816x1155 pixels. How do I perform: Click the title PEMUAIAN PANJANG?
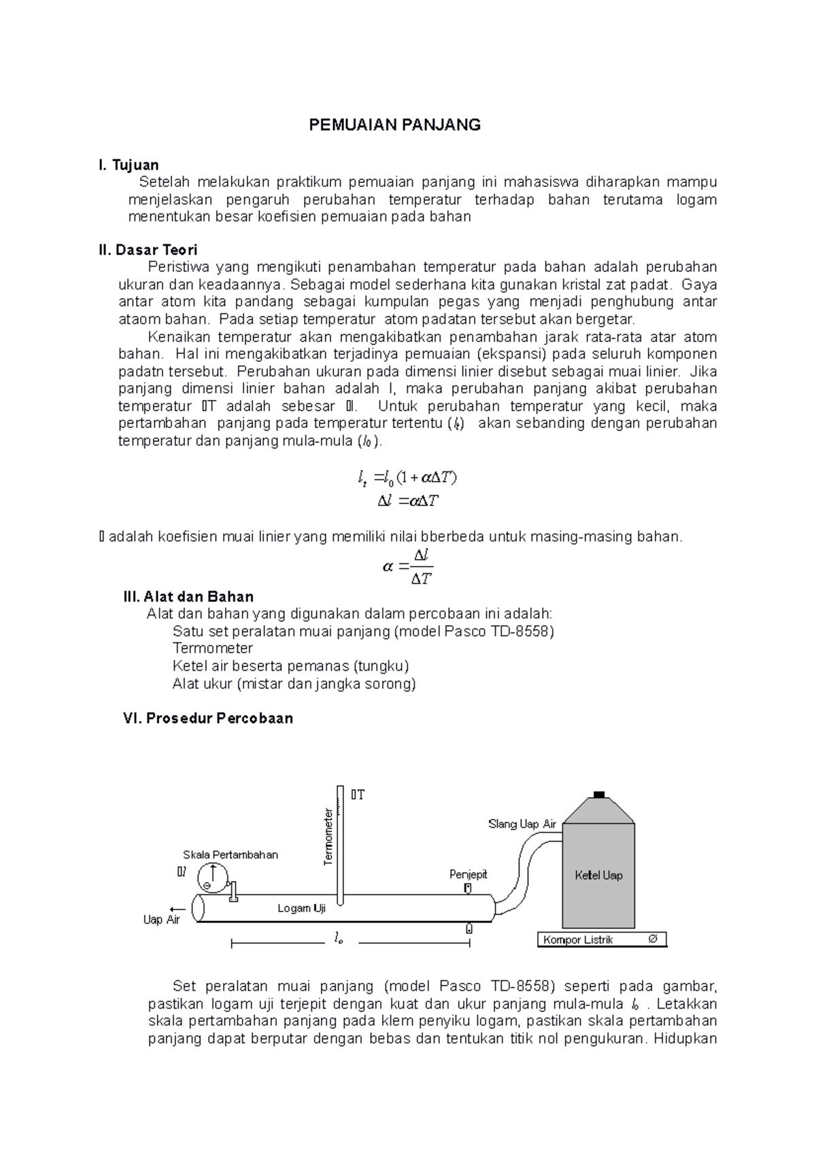pos(394,124)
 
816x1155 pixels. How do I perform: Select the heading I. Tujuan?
pos(129,165)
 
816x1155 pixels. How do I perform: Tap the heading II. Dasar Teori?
pos(148,250)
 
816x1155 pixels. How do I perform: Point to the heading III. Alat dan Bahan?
pos(188,597)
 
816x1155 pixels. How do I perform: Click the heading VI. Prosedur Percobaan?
pos(207,718)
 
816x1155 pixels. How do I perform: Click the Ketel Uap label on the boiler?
pos(598,875)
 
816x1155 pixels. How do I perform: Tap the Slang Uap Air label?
pos(522,824)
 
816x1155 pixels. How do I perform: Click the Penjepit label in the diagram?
pos(468,874)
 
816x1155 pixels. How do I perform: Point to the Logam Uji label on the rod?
pos(302,908)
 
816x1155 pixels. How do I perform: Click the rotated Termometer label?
pos(328,837)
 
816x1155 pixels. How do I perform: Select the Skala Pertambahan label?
pos(230,855)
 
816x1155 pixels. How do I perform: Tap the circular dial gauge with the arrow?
pos(212,877)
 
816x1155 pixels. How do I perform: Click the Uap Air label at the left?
pos(161,920)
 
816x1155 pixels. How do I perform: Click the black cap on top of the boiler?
pos(598,794)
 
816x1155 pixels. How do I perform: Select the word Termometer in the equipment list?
pos(212,648)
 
